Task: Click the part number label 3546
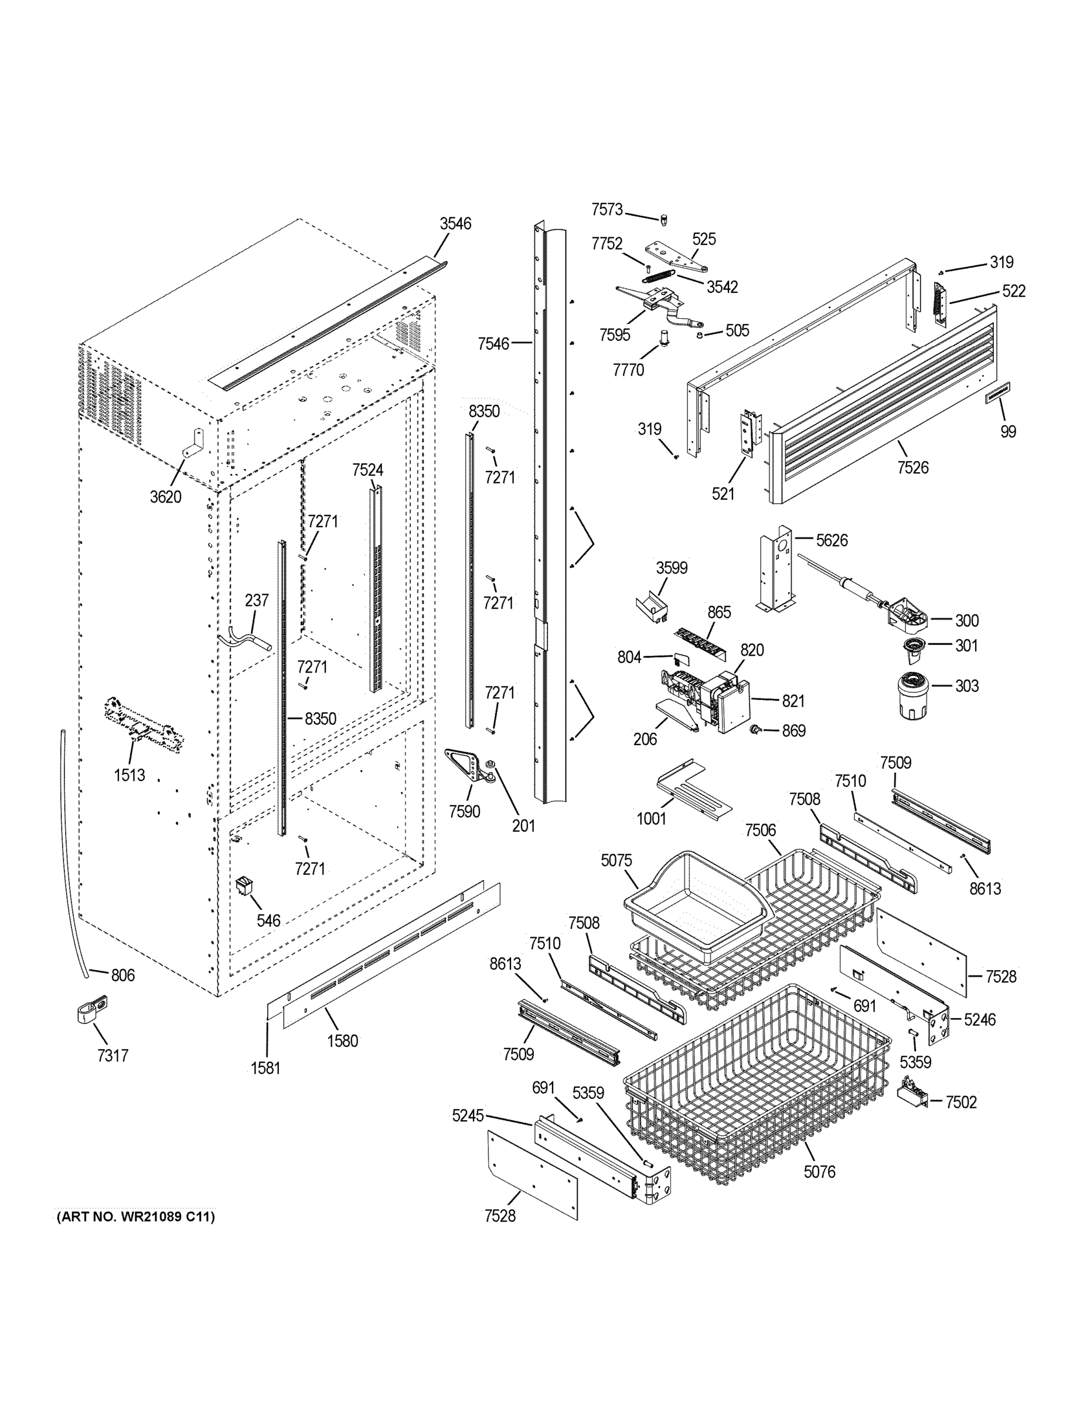coord(455,223)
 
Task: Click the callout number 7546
coord(493,344)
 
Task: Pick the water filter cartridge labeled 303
coord(911,695)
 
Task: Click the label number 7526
coord(912,467)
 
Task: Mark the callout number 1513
coord(130,775)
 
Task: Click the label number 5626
coord(832,540)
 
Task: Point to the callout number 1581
coord(265,1068)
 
